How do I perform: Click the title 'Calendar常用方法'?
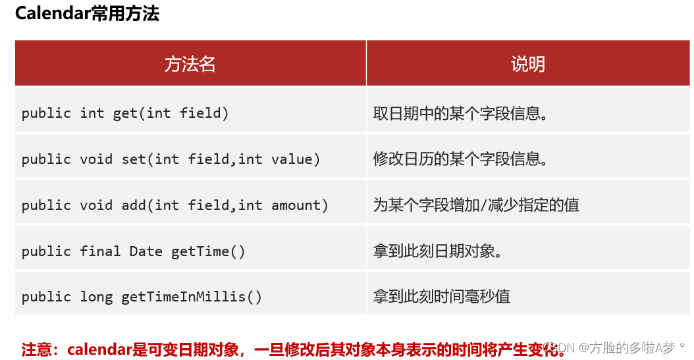87,14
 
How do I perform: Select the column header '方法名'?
190,64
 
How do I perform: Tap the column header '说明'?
528,64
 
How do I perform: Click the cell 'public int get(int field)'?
125,113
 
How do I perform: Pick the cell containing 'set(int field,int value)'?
221,159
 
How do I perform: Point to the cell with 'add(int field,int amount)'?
225,205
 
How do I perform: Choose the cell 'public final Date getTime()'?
133,251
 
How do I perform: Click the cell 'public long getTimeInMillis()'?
142,297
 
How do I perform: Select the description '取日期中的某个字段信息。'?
460,113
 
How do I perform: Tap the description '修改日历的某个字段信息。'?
460,159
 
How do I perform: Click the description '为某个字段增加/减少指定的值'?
476,205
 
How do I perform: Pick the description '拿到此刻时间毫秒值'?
442,297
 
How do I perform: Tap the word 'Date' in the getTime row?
146,251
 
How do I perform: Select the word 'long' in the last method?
96,297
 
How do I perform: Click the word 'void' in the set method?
96,159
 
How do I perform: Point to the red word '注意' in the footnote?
36,348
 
